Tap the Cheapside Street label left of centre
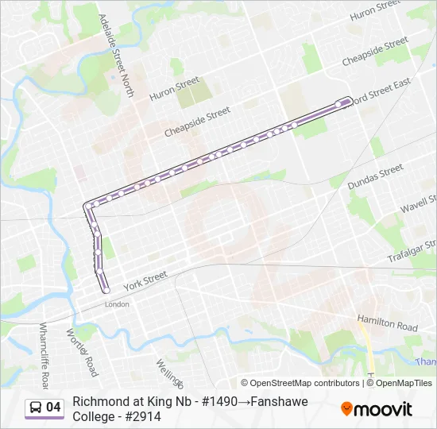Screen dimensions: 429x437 tap(197, 122)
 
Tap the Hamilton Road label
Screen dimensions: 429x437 tap(387, 322)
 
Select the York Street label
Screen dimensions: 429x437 tap(145, 280)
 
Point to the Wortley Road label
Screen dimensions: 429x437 tap(82, 353)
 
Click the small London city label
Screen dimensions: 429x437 tap(117, 304)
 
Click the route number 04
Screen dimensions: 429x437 tap(53, 408)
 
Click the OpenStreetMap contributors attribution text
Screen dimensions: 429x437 tap(300, 383)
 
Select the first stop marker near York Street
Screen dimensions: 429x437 tap(106, 289)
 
